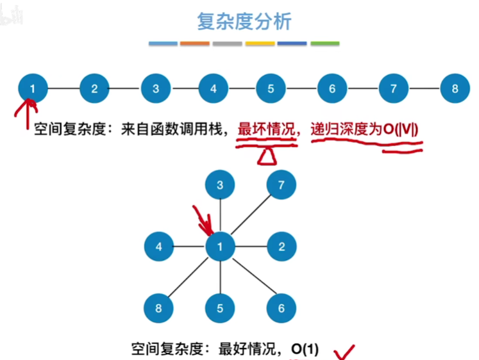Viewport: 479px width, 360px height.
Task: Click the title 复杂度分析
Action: (244, 21)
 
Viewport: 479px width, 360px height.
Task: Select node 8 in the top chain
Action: (455, 88)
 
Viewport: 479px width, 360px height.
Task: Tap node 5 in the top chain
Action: (271, 88)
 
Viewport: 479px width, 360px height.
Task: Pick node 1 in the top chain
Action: (33, 88)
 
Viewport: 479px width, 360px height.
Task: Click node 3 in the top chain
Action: (156, 88)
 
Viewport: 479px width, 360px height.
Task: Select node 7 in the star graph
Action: (282, 186)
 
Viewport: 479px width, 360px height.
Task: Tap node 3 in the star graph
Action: (220, 186)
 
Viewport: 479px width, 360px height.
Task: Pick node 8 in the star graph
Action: (159, 307)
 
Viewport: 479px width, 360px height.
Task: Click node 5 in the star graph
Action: (220, 307)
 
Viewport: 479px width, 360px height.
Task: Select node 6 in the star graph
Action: (282, 307)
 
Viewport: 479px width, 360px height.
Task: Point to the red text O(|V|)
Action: (401, 129)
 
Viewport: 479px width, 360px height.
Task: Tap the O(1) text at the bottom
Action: (305, 349)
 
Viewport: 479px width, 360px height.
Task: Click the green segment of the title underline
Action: (324, 44)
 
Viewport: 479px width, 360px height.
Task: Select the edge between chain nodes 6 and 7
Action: (363, 88)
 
